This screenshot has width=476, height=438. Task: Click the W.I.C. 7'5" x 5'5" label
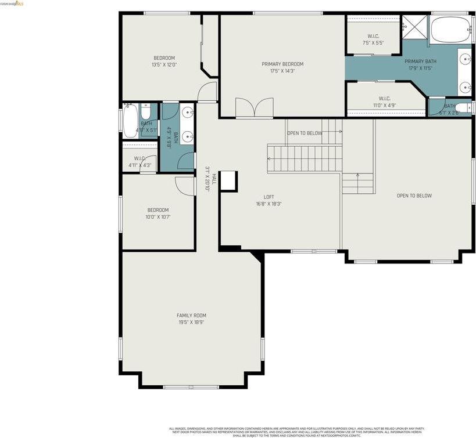coord(373,39)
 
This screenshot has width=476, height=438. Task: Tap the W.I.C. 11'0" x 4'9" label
coord(384,102)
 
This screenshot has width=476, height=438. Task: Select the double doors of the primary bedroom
coord(254,108)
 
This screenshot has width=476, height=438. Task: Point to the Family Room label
coord(191,316)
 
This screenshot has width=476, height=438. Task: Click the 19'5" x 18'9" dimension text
coord(191,322)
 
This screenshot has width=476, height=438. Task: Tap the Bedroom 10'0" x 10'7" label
coord(158,213)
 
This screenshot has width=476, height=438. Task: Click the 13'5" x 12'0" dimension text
coord(164,64)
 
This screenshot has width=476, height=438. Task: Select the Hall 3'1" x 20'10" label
coord(210,178)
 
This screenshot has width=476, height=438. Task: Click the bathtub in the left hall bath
coord(130,121)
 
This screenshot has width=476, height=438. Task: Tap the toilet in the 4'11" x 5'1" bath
coord(146,111)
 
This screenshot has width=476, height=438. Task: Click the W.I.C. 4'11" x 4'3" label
coord(139,162)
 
